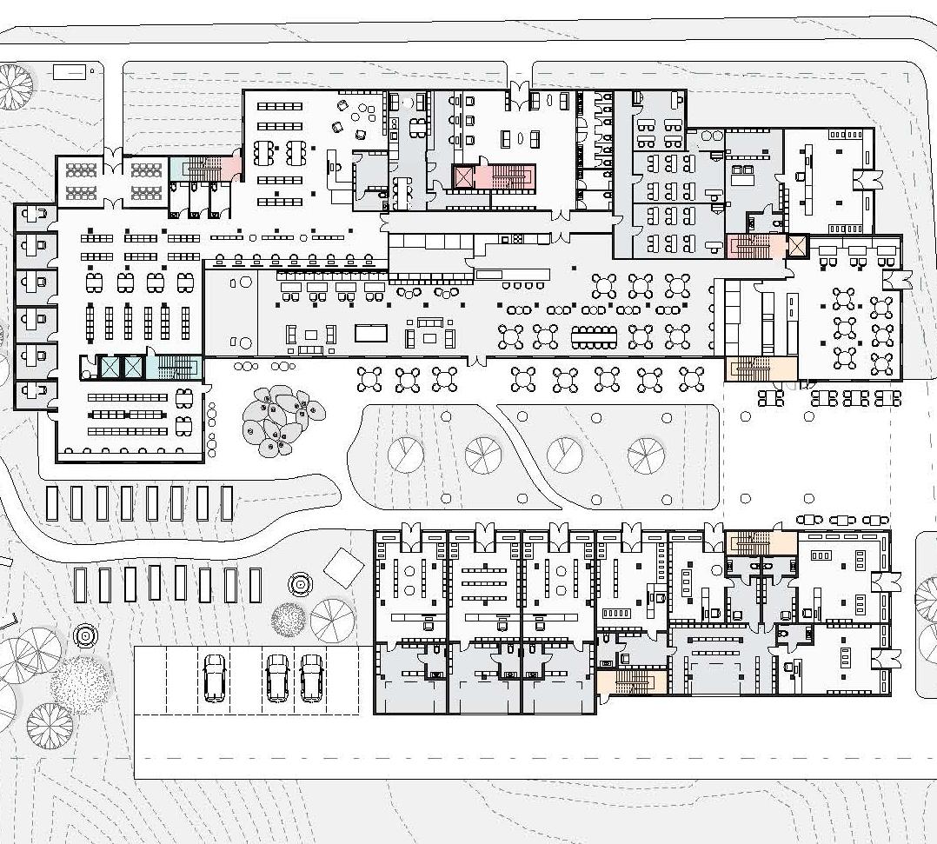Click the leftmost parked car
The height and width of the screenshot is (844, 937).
click(214, 678)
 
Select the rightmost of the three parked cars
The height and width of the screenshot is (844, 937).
click(312, 678)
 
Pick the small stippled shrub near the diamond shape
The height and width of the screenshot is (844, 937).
click(289, 619)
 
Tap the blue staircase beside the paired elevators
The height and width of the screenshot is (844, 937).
click(174, 367)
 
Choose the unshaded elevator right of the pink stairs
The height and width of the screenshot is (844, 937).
click(797, 246)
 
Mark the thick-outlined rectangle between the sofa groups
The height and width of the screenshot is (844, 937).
click(371, 334)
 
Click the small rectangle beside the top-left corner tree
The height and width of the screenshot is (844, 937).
click(70, 72)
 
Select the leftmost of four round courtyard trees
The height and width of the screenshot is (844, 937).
click(405, 454)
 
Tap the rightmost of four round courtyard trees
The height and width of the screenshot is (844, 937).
click(646, 453)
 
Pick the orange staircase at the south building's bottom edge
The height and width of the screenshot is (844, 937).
click(631, 682)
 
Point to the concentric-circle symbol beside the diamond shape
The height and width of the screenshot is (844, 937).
click(300, 583)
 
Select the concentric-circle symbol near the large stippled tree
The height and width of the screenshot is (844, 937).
click(85, 636)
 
